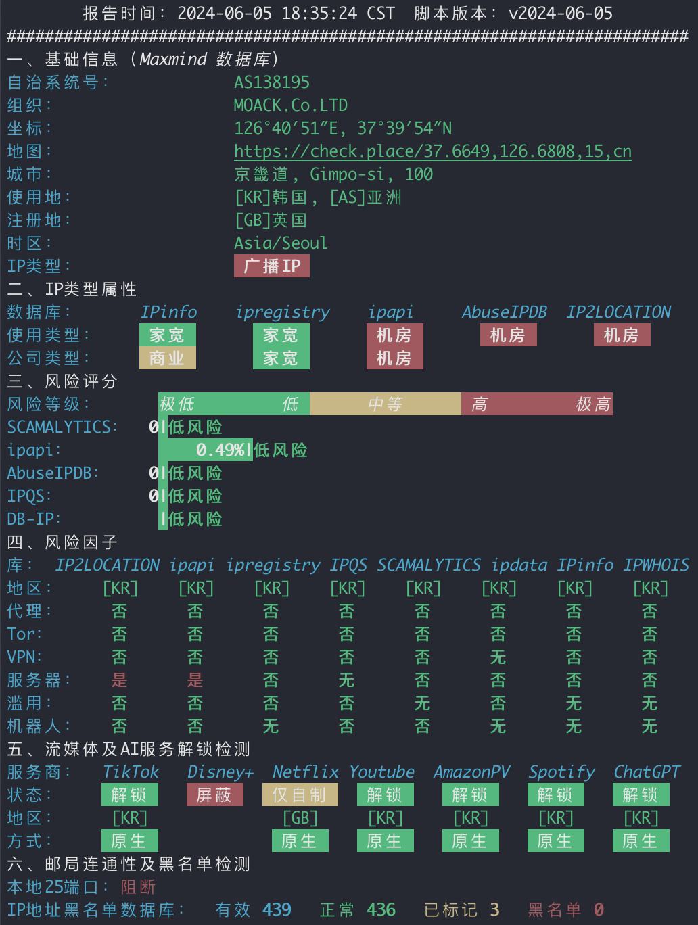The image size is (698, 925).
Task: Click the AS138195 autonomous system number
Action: (272, 82)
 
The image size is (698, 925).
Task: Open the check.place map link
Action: (433, 151)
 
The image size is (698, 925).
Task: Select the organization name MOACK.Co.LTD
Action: (291, 105)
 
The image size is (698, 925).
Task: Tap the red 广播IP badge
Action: (272, 266)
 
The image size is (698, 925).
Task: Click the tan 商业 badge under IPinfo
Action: (168, 358)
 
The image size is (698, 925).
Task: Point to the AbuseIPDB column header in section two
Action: (505, 312)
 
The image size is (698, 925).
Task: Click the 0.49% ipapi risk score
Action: (220, 450)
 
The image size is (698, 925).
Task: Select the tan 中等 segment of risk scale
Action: (386, 404)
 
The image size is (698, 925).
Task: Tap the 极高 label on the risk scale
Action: (593, 404)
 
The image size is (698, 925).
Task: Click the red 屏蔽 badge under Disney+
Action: (215, 794)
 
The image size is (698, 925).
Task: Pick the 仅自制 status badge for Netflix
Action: (300, 794)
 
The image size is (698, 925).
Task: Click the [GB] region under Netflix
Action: (300, 818)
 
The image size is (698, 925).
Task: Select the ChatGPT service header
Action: (647, 772)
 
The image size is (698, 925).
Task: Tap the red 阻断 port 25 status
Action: (138, 887)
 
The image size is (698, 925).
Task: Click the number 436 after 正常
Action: (381, 910)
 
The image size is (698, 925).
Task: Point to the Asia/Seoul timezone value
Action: (281, 243)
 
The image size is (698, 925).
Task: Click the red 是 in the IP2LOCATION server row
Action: (119, 680)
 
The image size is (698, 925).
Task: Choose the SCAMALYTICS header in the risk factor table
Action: (429, 565)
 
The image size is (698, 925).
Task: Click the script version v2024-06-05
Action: (561, 14)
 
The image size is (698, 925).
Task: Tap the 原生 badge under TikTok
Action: (130, 840)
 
